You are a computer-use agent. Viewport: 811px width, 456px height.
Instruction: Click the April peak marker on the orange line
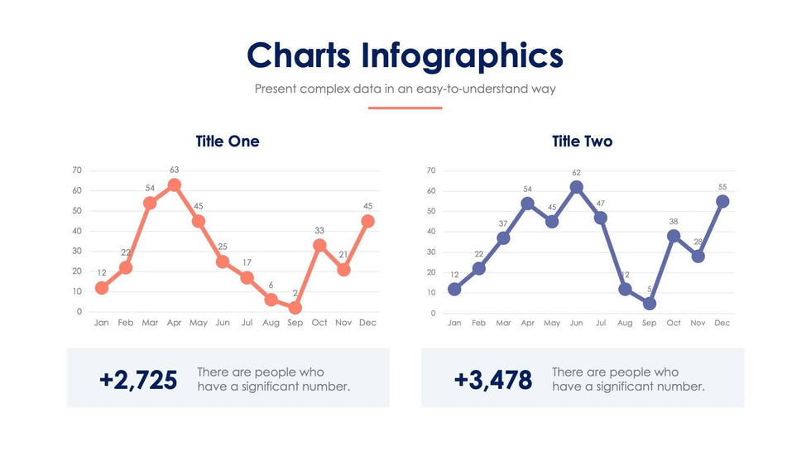174,185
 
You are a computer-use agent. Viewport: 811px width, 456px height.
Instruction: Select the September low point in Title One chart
295,307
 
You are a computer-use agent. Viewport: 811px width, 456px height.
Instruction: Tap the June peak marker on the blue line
576,187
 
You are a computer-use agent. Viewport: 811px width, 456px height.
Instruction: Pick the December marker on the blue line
722,201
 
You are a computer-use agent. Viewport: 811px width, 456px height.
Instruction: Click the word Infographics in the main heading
463,55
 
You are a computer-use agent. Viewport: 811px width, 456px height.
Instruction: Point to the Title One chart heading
228,142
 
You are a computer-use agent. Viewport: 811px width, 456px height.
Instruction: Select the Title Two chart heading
582,142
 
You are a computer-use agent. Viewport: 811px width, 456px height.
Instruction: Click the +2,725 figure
138,380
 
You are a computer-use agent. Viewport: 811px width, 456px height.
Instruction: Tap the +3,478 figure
492,380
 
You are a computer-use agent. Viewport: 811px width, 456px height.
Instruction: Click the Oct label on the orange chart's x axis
319,323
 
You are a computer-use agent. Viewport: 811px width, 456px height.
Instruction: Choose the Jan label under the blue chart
454,323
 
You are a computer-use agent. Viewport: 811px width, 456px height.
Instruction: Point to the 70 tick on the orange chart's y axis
77,170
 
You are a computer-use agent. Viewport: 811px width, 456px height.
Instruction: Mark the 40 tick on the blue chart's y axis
431,232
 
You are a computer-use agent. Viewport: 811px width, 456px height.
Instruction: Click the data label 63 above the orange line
174,170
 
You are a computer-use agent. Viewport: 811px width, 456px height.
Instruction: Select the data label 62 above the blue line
576,172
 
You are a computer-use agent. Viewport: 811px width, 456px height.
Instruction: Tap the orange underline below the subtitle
405,108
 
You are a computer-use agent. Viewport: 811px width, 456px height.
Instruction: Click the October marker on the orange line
319,245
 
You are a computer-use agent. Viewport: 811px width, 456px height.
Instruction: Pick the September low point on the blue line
650,304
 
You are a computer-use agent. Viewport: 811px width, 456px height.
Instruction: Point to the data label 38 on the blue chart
674,222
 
